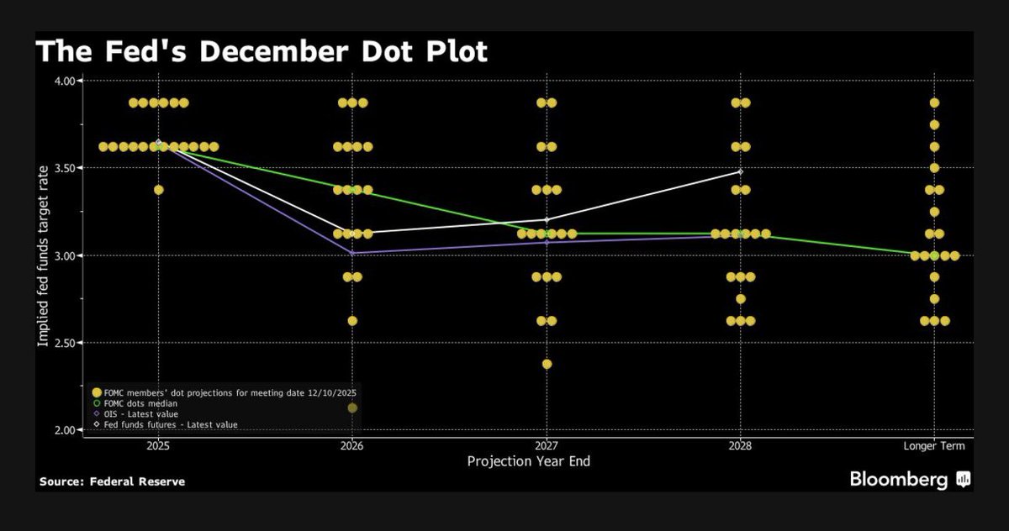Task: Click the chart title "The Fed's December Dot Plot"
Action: [261, 52]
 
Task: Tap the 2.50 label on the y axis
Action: [66, 343]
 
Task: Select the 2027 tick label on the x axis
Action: [546, 445]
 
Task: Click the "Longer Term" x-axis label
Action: [934, 445]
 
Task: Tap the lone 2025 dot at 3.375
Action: [158, 190]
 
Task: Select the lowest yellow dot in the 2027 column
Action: [547, 364]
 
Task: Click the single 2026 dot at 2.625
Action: [352, 321]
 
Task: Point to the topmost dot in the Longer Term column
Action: [934, 103]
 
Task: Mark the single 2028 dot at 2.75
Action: [740, 299]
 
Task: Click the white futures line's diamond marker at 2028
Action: [740, 171]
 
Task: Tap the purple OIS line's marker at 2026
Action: [352, 253]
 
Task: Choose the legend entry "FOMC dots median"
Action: [135, 403]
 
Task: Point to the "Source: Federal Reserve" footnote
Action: [112, 481]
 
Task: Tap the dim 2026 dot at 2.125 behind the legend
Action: [352, 408]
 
